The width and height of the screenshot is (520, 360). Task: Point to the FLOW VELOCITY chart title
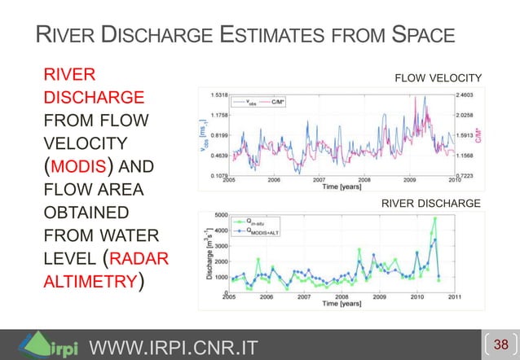[x=438, y=78]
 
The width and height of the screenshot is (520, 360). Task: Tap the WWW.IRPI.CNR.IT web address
[x=172, y=349]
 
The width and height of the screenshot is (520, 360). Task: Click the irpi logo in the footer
[x=49, y=345]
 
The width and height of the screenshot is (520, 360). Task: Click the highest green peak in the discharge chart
[x=434, y=218]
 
